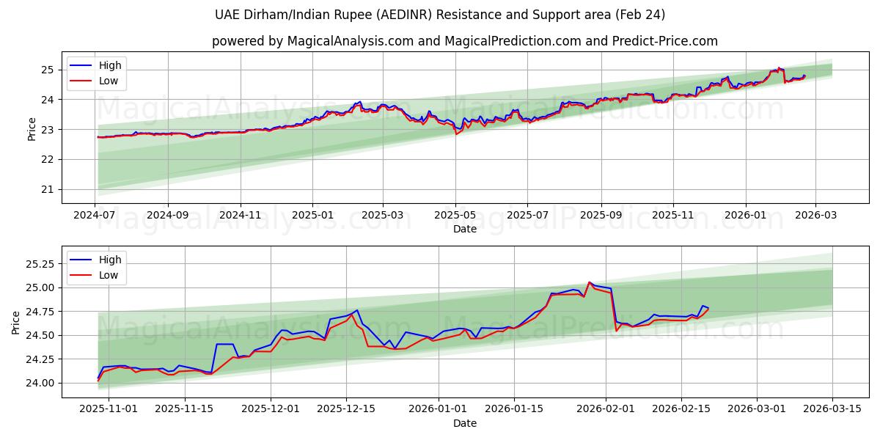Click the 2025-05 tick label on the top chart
pyautogui.click(x=455, y=216)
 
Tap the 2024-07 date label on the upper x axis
pyautogui.click(x=95, y=216)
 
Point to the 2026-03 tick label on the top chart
pyautogui.click(x=815, y=216)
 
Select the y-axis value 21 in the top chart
pyautogui.click(x=47, y=189)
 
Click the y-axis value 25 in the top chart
pyautogui.click(x=47, y=70)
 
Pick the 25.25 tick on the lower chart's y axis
pyautogui.click(x=38, y=263)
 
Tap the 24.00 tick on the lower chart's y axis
pyautogui.click(x=38, y=383)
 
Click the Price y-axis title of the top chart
pyautogui.click(x=32, y=129)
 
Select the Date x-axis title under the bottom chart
pyautogui.click(x=465, y=423)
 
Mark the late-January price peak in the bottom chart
pyautogui.click(x=589, y=282)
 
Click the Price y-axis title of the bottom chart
pyautogui.click(x=16, y=323)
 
